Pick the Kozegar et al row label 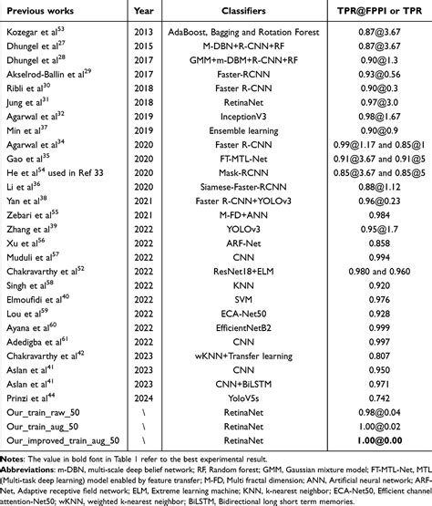pos(43,30)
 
